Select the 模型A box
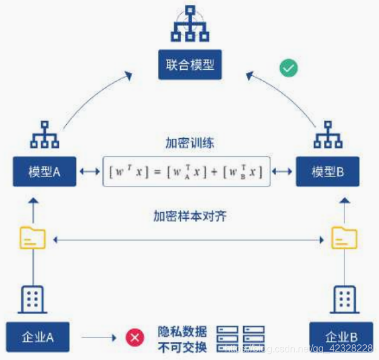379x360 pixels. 44,172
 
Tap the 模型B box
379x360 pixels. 327,172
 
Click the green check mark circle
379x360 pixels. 289,68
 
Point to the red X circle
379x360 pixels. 135,337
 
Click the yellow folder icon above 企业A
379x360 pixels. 32,238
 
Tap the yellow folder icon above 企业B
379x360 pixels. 344,238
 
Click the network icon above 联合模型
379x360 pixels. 190,24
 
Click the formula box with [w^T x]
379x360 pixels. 186,172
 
